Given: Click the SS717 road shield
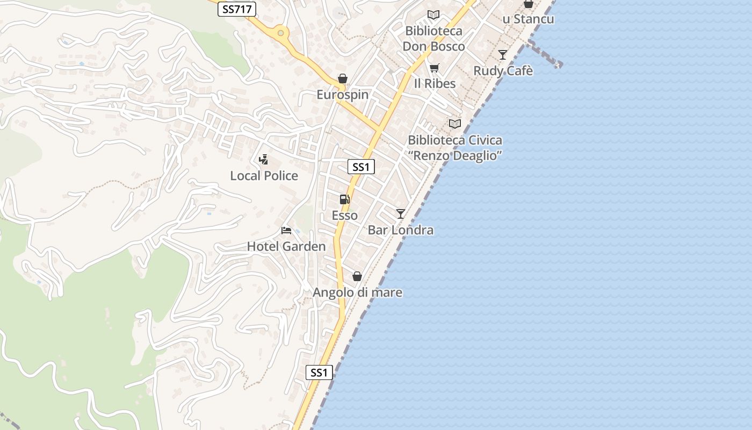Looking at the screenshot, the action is coord(236,9).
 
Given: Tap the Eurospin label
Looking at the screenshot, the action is coord(343,95).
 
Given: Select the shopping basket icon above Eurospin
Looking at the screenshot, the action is coord(343,79).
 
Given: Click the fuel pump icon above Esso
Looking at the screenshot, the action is coord(345,199).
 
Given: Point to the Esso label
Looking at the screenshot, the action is coord(345,216).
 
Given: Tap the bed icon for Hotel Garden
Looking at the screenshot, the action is coord(286,231).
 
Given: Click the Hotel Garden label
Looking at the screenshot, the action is coord(286,247).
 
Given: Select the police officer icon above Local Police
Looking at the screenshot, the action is coord(263,159).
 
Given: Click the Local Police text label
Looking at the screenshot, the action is coord(264,176).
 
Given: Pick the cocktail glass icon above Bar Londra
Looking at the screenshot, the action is coord(400,214).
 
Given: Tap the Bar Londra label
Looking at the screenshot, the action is coord(401,230).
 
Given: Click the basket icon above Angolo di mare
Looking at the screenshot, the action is coord(357,276).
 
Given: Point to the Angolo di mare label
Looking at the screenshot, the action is coord(357,292).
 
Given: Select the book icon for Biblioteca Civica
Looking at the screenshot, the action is coord(455,124).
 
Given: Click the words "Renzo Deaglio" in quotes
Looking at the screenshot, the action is coord(455,156).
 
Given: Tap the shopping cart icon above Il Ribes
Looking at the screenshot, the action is coord(434,68).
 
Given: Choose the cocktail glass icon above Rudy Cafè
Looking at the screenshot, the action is coord(503,55).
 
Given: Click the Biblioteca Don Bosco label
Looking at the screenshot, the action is coord(434,39).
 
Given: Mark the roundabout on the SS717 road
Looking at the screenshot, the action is coord(280,33).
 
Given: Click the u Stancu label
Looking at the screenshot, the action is coord(528,19).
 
